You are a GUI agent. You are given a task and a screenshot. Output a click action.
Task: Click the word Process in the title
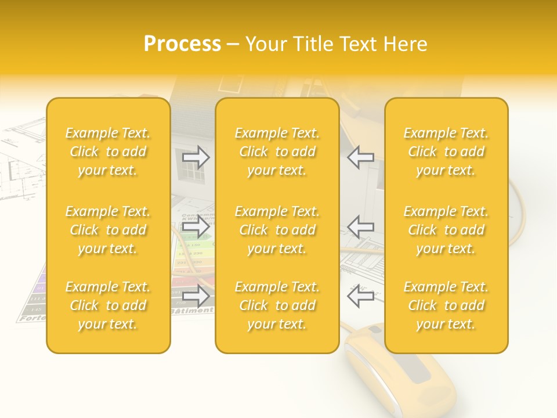[182, 44]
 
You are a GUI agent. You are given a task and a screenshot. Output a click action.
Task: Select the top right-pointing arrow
[196, 157]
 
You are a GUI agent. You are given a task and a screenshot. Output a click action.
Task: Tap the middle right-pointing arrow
[196, 226]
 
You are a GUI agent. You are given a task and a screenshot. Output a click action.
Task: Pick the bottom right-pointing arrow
[196, 296]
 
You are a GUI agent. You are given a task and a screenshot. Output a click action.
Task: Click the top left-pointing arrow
[360, 157]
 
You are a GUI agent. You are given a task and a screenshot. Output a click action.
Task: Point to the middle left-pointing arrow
[360, 226]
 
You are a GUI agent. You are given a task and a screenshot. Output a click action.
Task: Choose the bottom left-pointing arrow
[360, 296]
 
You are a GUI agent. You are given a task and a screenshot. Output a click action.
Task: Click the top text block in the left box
[108, 152]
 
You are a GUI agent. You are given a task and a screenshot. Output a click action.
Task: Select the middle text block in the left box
[108, 230]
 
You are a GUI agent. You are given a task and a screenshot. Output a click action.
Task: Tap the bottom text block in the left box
[108, 305]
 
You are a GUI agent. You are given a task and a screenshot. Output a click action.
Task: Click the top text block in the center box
[277, 152]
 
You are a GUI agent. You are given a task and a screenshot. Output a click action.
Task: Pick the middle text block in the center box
[277, 230]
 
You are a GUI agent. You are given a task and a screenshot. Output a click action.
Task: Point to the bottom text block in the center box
[277, 305]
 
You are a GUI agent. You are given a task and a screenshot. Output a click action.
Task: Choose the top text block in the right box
[446, 152]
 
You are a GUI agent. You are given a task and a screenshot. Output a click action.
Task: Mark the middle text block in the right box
[446, 230]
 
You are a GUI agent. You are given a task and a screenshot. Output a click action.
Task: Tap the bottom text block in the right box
[446, 305]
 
